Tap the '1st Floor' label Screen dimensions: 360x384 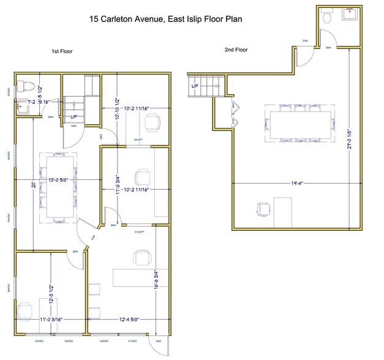62,51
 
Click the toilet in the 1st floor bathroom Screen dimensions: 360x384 20,85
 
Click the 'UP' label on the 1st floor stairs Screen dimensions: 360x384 74,116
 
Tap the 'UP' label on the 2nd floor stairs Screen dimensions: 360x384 195,86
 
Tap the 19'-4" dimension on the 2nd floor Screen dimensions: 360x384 299,182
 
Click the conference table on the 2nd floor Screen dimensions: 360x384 300,124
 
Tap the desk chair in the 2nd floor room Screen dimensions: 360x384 264,209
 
